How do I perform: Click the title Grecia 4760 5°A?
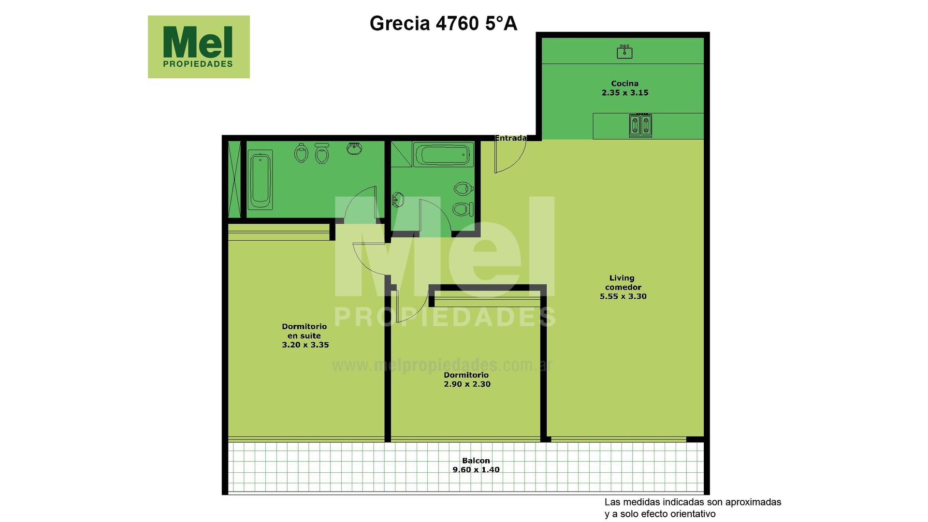(x=443, y=23)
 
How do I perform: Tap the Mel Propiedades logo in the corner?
(x=199, y=47)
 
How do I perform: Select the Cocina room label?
(x=624, y=84)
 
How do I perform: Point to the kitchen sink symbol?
(x=624, y=51)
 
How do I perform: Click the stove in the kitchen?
(x=640, y=125)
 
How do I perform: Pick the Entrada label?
(x=511, y=138)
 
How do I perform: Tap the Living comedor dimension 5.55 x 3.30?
(x=623, y=296)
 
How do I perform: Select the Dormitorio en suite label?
(x=304, y=331)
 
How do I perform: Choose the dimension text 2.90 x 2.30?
(x=467, y=384)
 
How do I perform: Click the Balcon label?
(x=476, y=461)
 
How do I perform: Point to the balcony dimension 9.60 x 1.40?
(x=476, y=469)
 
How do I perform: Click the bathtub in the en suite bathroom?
(x=260, y=180)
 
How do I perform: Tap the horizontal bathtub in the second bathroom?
(x=444, y=155)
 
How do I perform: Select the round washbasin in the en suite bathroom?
(x=355, y=148)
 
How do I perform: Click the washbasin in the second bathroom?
(x=398, y=199)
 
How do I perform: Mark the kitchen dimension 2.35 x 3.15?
(x=625, y=93)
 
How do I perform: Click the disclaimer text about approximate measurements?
(x=693, y=508)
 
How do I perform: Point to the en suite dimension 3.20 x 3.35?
(x=305, y=345)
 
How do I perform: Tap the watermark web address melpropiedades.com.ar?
(x=442, y=365)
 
